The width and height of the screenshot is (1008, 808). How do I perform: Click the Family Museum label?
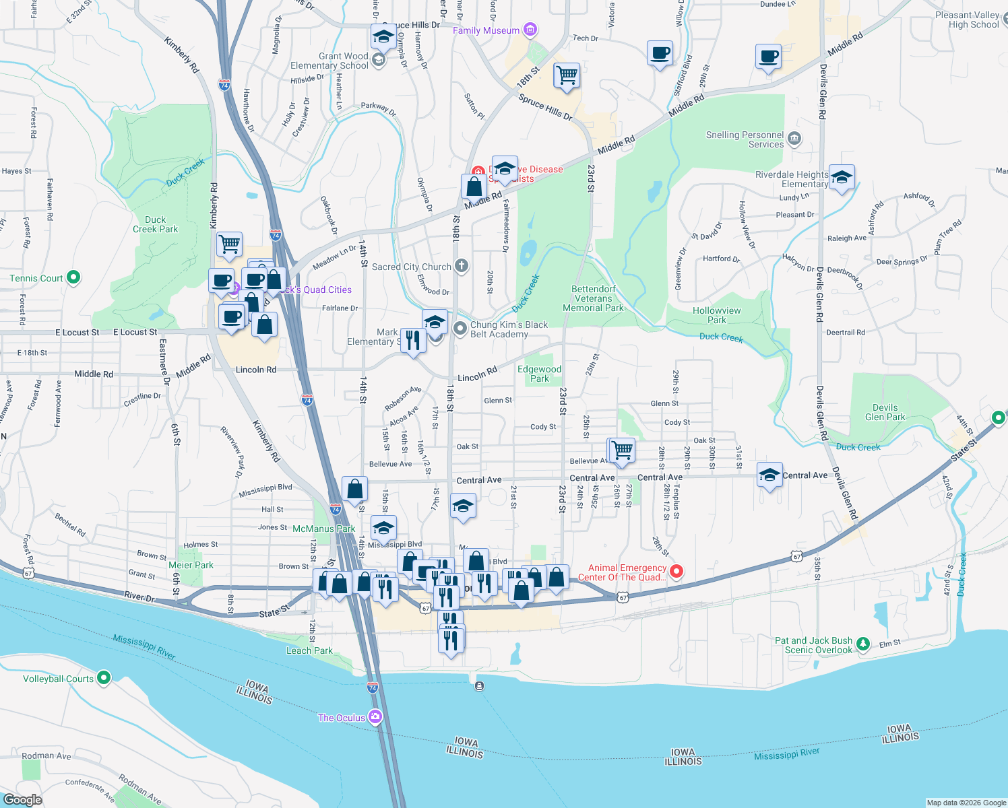click(486, 30)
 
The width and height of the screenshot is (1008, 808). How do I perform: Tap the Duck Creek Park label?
click(155, 224)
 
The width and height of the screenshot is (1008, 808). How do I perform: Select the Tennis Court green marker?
click(74, 277)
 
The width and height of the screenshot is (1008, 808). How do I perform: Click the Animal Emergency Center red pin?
click(676, 572)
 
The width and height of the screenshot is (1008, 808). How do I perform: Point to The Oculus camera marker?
click(375, 717)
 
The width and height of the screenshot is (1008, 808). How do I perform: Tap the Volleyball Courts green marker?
click(104, 677)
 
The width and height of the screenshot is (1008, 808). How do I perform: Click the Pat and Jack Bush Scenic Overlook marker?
click(863, 644)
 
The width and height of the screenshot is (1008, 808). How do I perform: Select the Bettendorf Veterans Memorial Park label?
click(593, 298)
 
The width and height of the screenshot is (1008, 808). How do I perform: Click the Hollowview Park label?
click(716, 315)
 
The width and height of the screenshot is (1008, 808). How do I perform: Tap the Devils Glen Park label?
click(885, 412)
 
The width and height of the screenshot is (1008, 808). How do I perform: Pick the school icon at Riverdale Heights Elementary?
click(842, 178)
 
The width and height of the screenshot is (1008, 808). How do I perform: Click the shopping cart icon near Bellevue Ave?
click(623, 450)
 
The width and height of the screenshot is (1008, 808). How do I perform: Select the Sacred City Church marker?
click(461, 266)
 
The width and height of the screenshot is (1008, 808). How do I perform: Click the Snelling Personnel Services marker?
click(794, 139)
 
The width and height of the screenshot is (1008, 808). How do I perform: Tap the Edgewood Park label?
click(539, 374)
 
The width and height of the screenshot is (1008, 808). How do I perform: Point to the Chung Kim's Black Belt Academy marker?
click(460, 329)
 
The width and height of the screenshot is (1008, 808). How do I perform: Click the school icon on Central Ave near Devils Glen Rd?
click(769, 475)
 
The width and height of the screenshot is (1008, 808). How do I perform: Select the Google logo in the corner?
click(22, 799)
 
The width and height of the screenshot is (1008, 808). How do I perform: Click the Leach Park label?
click(309, 650)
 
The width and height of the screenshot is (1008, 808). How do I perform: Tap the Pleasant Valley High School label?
click(968, 20)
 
